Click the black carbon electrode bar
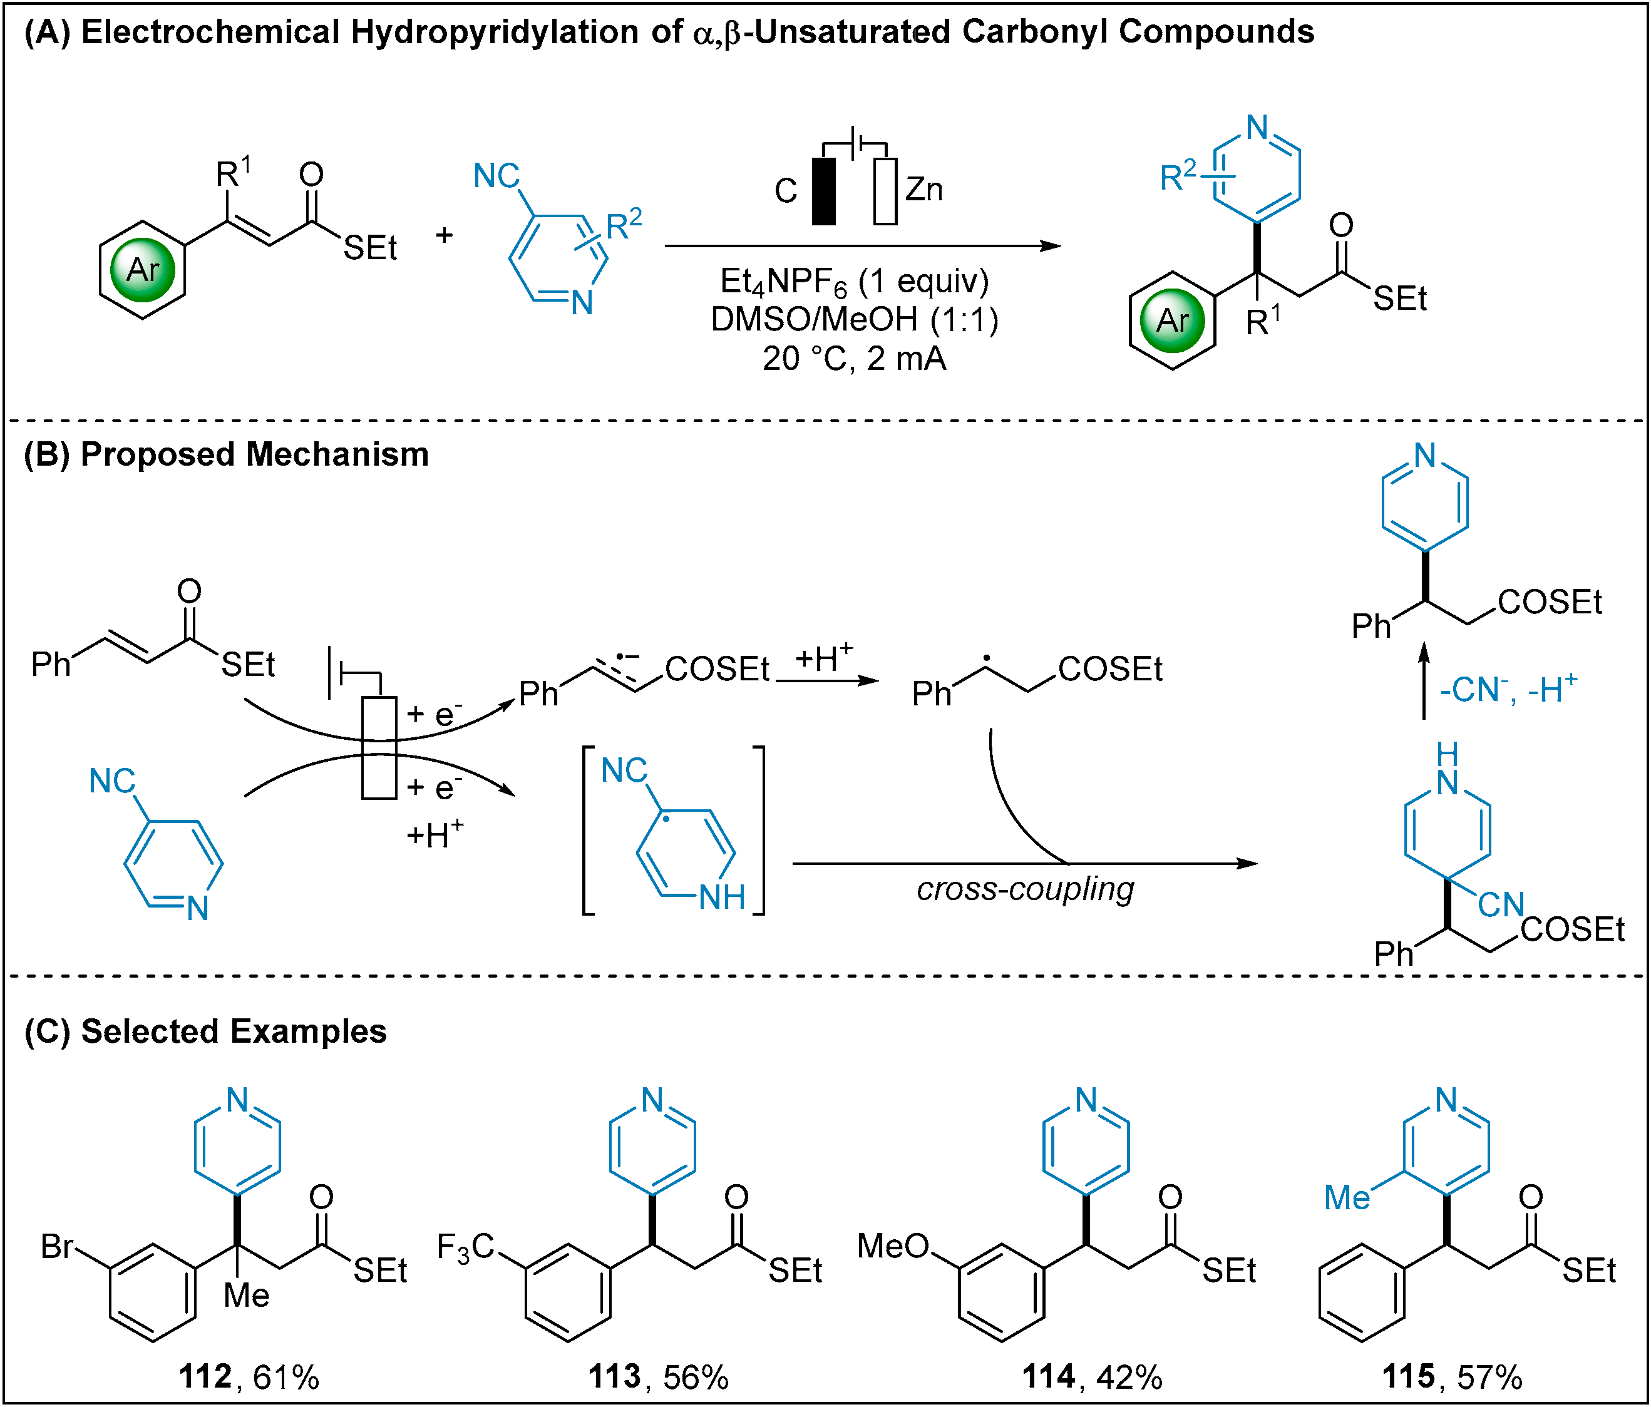[824, 192]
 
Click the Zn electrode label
[924, 190]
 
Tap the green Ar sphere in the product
[1172, 320]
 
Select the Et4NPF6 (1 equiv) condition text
[854, 281]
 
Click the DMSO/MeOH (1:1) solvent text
[854, 319]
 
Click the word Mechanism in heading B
[338, 454]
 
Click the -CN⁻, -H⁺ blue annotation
[1508, 689]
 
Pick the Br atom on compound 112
[58, 1247]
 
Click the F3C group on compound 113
[466, 1247]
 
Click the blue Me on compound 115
[1347, 1198]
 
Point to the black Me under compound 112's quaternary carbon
[246, 1296]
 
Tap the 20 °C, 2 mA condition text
[854, 359]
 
